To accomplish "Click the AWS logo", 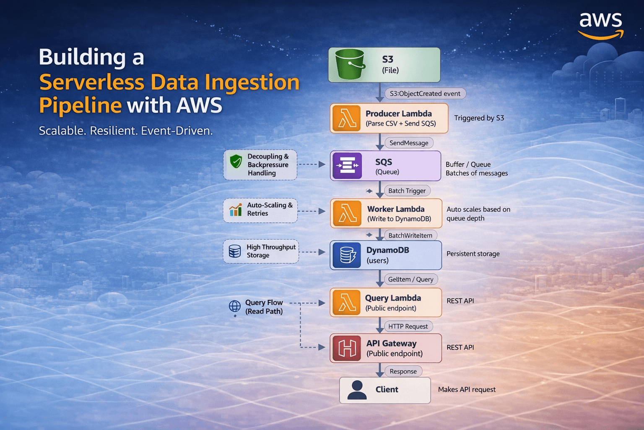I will point(600,25).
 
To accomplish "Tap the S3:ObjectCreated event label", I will point(425,94).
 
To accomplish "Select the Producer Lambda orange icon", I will point(346,118).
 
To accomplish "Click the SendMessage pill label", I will point(409,143).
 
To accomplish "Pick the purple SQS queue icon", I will point(347,165).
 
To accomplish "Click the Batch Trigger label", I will point(407,191).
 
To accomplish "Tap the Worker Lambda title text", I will point(396,209).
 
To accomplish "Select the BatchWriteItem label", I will point(410,235).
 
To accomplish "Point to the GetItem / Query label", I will point(410,279).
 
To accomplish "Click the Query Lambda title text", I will point(393,298).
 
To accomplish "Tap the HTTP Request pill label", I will point(408,326).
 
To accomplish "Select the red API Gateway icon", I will point(347,348).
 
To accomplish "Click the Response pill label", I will point(403,371).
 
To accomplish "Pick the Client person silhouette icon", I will point(357,390).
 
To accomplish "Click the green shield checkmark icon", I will point(236,161).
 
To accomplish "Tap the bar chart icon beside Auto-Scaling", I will point(236,210).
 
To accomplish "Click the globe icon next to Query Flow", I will point(235,306).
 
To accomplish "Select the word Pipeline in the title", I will point(80,105).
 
